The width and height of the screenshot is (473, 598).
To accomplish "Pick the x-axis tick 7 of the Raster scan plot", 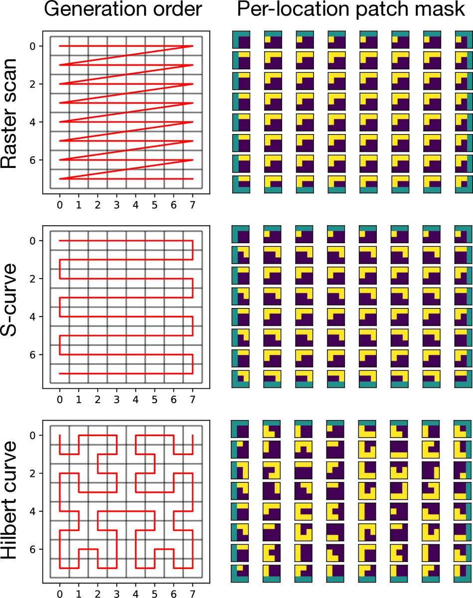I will (193, 204).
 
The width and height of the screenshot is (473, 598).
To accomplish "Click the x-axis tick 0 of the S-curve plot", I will (60, 399).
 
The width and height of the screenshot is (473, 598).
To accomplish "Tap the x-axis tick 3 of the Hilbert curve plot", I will (117, 593).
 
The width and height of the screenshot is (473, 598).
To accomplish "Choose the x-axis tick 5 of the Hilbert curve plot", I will (155, 593).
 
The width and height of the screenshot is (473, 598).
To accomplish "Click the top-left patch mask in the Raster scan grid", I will (241, 40).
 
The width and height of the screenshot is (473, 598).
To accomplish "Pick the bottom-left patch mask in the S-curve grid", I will (241, 379).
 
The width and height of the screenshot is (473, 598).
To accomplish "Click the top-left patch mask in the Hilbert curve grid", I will (241, 430).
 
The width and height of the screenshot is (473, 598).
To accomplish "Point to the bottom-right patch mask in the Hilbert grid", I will (463, 573).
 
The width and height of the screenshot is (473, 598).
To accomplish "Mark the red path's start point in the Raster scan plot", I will (60, 46).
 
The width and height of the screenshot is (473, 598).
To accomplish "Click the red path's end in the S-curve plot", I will (60, 373).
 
